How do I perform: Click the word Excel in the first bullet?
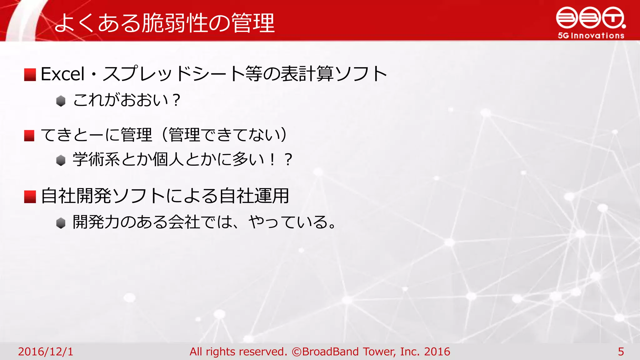62,74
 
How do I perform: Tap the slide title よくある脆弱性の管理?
164,23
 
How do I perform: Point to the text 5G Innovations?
591,36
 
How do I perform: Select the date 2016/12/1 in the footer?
46,352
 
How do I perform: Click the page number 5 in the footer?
621,352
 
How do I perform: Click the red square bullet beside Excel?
30,75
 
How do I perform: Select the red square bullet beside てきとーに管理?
29,136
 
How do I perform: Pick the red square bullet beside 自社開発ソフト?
30,197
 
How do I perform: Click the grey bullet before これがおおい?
61,101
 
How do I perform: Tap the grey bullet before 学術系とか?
61,160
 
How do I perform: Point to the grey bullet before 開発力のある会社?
61,223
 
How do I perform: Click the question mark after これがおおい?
176,100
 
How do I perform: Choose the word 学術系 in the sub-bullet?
96,159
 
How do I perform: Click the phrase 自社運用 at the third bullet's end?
254,196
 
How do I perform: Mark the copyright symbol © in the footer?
296,352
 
